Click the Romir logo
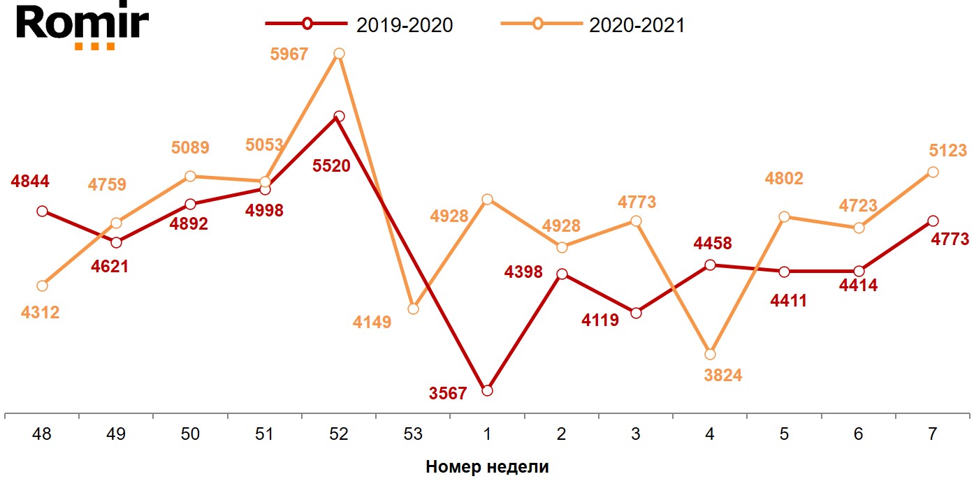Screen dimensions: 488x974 [x=82, y=27]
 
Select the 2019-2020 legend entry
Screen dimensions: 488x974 [x=359, y=24]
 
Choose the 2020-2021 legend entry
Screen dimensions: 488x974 [x=593, y=24]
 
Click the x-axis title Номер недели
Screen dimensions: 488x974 [x=487, y=467]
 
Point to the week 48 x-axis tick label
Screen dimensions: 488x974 [x=42, y=434]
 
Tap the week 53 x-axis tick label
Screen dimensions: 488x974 [x=413, y=434]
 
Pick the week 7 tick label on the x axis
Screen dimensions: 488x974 [x=932, y=434]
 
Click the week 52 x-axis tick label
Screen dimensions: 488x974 [x=339, y=434]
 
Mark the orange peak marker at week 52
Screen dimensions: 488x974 [x=339, y=54]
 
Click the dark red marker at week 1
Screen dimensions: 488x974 [x=487, y=390]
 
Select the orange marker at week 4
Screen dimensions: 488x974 [x=710, y=354]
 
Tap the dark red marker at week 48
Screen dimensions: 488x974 [x=42, y=211]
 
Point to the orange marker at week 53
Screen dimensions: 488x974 [x=413, y=309]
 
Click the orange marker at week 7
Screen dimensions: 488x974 [x=932, y=172]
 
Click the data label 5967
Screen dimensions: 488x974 [x=289, y=54]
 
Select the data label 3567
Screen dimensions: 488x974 [x=448, y=394]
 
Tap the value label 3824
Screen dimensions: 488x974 [x=722, y=376]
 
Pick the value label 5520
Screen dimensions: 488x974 [x=331, y=167]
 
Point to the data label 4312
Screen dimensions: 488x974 [x=40, y=313]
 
